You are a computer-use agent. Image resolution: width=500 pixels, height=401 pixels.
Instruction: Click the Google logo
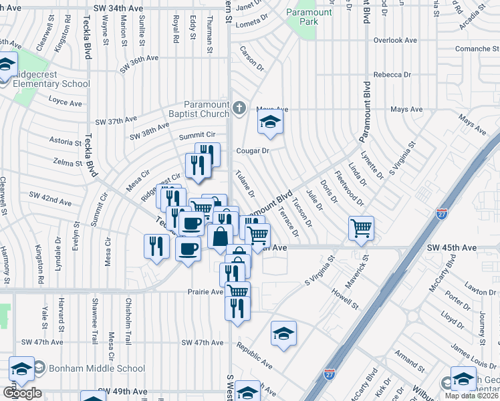(x=23, y=394)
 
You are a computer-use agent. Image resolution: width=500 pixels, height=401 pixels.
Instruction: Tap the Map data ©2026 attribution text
(x=472, y=396)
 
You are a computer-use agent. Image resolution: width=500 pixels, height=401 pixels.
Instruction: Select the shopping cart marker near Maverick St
(x=361, y=228)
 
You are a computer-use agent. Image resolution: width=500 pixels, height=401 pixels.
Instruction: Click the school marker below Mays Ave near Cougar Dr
(x=270, y=122)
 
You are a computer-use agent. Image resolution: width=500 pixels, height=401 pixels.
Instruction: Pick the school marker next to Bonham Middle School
(x=21, y=370)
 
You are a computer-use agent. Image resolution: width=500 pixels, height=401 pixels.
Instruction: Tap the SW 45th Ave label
(x=452, y=247)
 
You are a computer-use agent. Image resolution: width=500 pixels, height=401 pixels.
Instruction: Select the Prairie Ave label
(x=204, y=292)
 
